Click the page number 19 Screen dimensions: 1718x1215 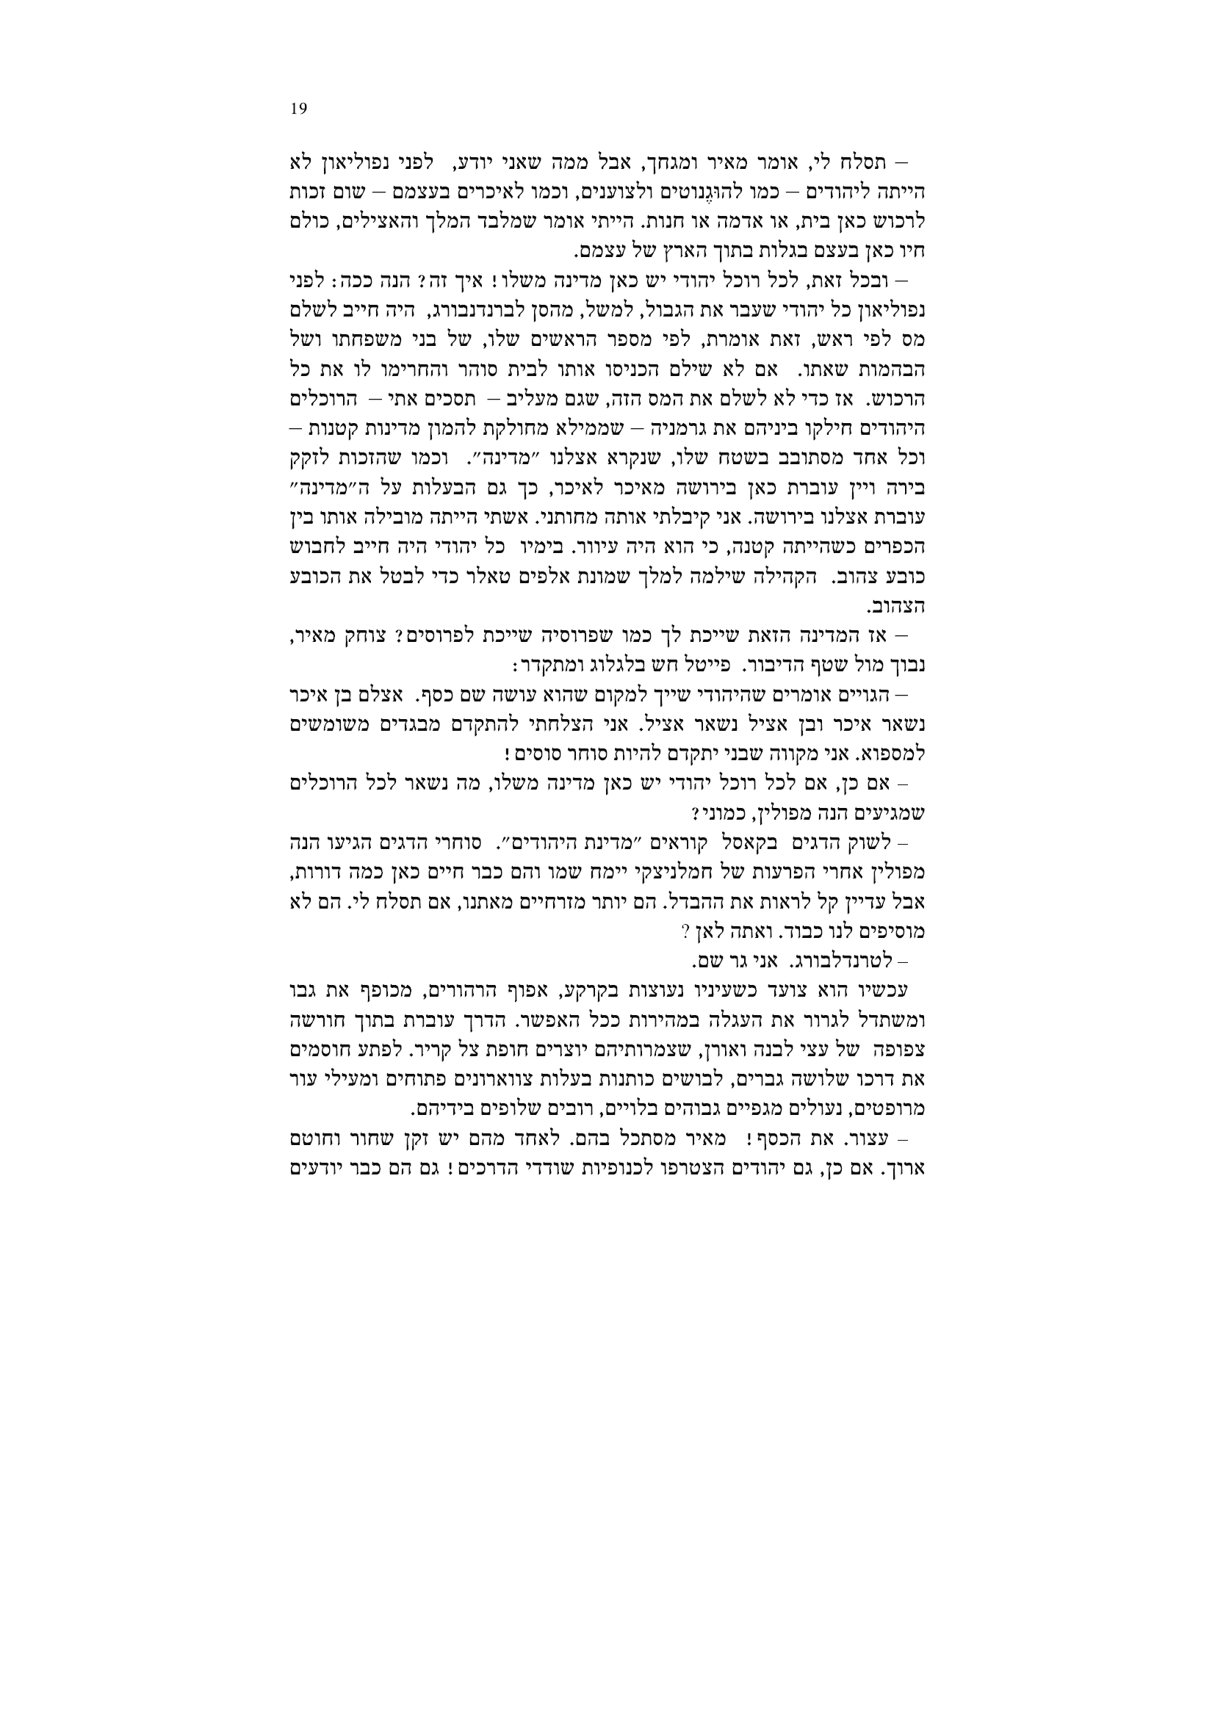coord(298,109)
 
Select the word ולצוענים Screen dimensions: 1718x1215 coord(614,192)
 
